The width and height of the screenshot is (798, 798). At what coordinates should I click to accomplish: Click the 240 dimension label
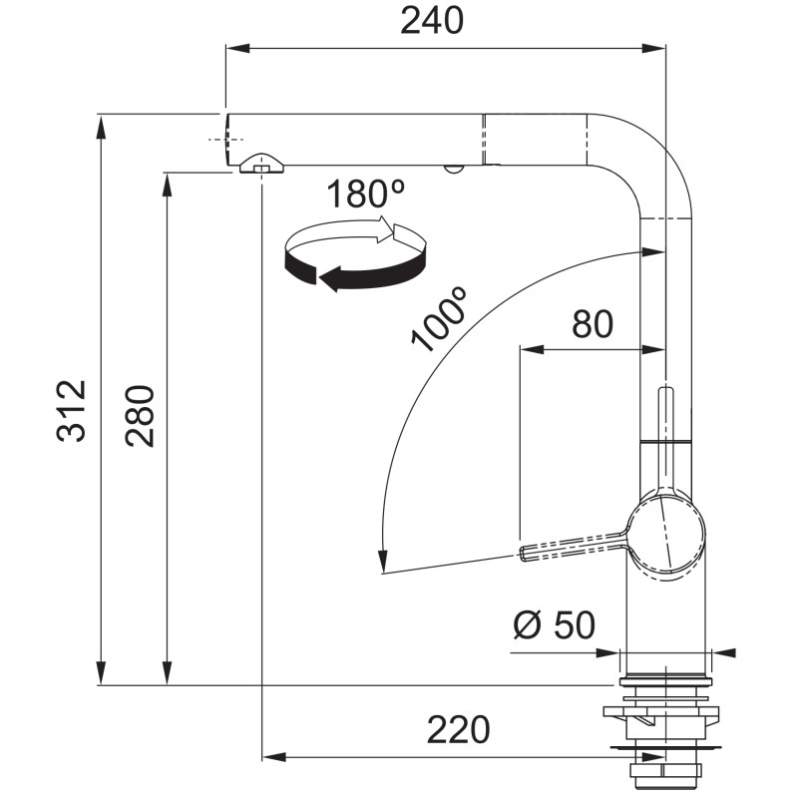click(x=432, y=21)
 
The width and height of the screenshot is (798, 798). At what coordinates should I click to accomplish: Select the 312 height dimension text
click(x=71, y=411)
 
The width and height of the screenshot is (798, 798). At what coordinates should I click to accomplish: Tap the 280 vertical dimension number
click(x=140, y=416)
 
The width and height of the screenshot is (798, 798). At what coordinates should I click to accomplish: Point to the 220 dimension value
click(x=458, y=730)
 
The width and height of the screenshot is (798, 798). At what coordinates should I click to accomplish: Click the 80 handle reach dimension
click(x=593, y=324)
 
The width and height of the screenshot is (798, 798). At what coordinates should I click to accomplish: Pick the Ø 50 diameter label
click(x=555, y=624)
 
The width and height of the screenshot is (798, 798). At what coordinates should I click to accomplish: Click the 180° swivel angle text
click(x=365, y=194)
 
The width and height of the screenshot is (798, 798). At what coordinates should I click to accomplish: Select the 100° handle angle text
click(x=439, y=319)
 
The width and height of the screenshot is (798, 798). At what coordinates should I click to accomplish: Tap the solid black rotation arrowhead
click(x=330, y=279)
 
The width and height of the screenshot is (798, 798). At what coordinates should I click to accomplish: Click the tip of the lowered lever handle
click(x=523, y=554)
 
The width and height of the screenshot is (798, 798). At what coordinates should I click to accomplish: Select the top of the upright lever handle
click(x=665, y=389)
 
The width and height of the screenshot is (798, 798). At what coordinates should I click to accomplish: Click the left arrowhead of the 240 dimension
click(x=237, y=48)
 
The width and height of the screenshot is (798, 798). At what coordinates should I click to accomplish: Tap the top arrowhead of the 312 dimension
click(x=102, y=127)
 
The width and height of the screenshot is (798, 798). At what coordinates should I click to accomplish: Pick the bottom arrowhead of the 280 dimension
click(x=167, y=673)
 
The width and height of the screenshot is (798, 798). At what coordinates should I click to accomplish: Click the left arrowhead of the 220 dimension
click(x=273, y=757)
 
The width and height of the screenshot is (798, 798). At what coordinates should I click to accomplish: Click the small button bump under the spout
click(x=453, y=169)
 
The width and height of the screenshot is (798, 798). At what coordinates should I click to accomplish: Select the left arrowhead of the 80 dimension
click(x=532, y=350)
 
